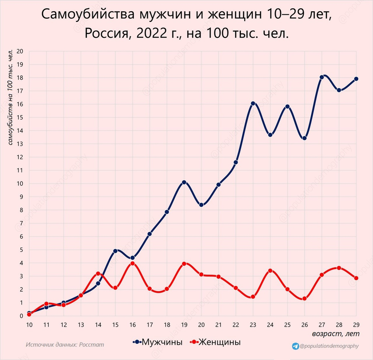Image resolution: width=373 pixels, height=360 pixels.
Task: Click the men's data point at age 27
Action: point(322,77)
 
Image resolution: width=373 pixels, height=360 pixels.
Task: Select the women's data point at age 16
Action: point(133,263)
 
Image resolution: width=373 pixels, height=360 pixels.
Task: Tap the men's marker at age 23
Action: point(253,104)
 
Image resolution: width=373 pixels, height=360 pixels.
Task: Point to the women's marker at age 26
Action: point(305,298)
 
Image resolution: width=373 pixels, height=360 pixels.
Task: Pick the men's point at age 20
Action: point(201,205)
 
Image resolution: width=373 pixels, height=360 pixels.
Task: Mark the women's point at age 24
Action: point(270,271)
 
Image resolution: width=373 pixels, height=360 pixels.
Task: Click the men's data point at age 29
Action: point(356,79)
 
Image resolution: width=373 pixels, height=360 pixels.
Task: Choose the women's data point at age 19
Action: point(184,264)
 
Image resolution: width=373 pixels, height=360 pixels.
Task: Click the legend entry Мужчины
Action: point(162,342)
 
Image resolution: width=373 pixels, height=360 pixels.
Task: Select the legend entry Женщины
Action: point(219,342)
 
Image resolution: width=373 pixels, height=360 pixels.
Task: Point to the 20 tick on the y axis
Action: point(20,51)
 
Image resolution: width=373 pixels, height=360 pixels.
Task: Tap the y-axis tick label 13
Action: point(20,144)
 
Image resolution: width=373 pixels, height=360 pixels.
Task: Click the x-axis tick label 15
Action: point(115,325)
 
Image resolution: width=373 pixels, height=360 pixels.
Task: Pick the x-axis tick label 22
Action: point(236,325)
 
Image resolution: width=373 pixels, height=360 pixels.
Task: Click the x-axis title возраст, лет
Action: point(336,334)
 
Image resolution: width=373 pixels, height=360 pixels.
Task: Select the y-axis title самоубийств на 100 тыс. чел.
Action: point(10,97)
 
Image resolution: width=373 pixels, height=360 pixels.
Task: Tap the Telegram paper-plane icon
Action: point(295,346)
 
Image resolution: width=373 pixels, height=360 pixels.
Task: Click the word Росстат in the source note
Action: point(92,345)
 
